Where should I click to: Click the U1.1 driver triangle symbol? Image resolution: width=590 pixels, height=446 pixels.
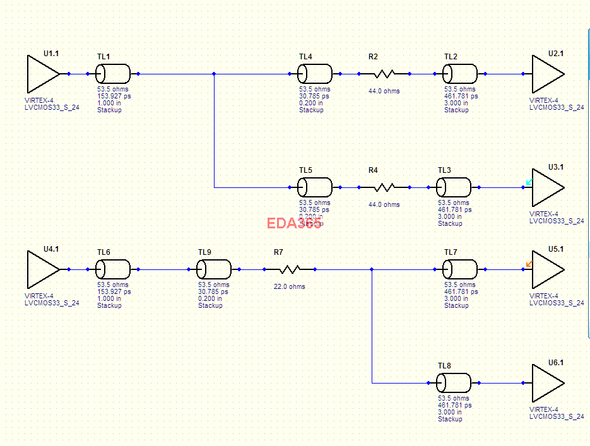coord(42,74)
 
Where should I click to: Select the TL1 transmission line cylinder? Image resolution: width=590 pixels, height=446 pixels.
coord(113,74)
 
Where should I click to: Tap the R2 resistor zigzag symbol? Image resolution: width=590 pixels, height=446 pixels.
coord(384,74)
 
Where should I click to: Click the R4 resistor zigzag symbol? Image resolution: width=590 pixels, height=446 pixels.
coord(384,187)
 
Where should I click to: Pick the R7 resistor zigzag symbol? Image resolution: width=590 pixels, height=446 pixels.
coord(289,269)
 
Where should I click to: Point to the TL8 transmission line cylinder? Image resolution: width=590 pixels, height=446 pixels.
coord(454,383)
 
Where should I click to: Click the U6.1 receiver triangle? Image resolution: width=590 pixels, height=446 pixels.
coord(546,383)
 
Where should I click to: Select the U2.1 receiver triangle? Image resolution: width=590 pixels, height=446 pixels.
coord(546,74)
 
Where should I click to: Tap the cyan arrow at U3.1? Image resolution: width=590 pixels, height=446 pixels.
coord(529,183)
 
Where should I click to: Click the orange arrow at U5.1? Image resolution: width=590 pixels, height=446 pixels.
coord(529,264)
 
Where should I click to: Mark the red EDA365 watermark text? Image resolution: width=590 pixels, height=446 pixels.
coord(293,223)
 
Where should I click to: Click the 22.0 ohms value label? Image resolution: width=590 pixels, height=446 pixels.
coord(289,286)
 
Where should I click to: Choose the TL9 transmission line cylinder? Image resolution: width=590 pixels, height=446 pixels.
coord(214,269)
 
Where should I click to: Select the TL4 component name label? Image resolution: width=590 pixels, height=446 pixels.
coord(305,57)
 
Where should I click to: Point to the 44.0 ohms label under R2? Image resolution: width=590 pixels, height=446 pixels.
coord(384,91)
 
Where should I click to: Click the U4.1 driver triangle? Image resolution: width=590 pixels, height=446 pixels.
coord(42,269)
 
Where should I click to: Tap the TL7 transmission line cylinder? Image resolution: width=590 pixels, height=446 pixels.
coord(460,269)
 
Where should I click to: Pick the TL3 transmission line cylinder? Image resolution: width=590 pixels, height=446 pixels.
coord(454,187)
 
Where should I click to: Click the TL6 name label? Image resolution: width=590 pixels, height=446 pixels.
coord(103,252)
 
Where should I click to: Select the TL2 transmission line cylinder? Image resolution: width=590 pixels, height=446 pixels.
coord(460,74)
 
